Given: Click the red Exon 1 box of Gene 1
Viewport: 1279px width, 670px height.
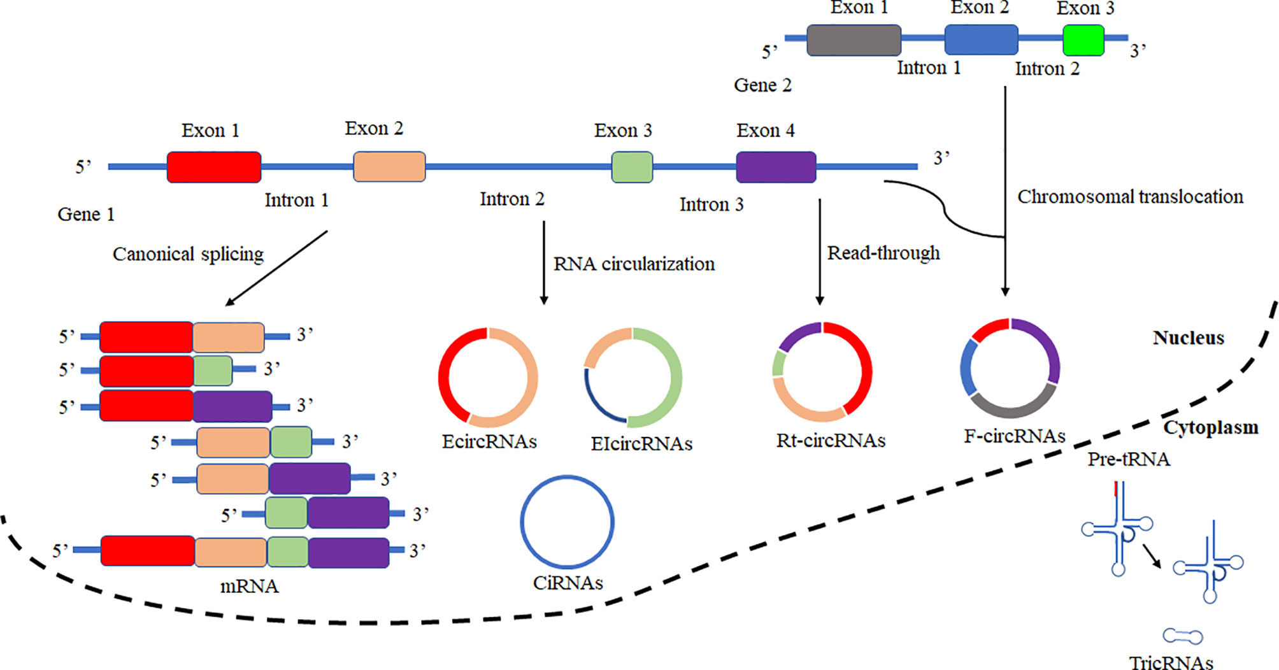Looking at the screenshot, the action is click(214, 167).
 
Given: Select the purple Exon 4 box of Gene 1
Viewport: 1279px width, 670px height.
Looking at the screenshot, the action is click(776, 167).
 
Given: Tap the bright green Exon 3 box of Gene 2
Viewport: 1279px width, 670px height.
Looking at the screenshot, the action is click(1083, 40).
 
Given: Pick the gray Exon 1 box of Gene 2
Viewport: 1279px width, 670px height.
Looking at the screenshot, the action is click(854, 40).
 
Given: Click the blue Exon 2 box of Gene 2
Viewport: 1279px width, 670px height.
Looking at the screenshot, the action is click(981, 39).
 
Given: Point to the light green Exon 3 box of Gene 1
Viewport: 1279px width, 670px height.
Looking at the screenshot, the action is click(632, 167).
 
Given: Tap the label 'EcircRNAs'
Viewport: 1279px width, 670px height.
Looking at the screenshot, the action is click(489, 441).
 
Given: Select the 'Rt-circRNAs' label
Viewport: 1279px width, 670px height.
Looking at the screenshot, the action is click(831, 440).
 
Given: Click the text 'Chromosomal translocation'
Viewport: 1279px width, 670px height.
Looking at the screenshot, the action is click(1130, 197).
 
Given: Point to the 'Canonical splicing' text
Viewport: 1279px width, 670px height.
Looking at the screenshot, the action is click(188, 254).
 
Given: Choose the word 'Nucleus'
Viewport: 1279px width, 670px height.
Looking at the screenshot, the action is click(1189, 338).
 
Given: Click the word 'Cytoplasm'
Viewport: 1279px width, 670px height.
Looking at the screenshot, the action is click(1211, 427).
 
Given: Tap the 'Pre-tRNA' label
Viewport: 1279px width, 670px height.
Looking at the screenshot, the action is click(1129, 459).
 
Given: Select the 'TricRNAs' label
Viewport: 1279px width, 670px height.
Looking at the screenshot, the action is click(1171, 662).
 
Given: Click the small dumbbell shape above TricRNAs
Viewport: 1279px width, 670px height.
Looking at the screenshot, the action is click(1183, 636).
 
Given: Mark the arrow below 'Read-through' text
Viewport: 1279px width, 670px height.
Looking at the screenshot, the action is click(820, 252).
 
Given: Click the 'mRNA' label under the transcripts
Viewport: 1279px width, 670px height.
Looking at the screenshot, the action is click(249, 586).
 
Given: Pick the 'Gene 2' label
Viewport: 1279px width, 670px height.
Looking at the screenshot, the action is click(762, 85).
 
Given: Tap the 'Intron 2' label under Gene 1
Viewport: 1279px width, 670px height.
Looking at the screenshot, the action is click(512, 199).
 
